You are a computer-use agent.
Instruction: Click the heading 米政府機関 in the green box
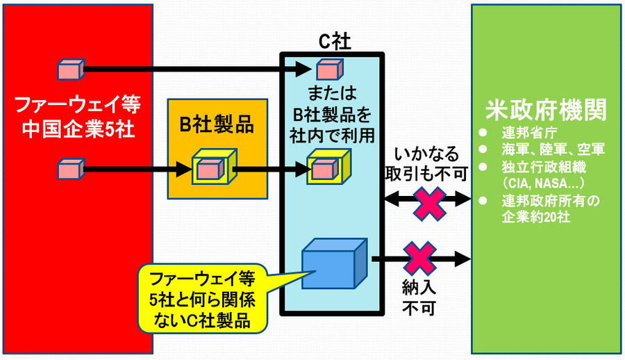click(546, 110)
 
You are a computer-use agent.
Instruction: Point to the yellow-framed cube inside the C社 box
click(324, 168)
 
